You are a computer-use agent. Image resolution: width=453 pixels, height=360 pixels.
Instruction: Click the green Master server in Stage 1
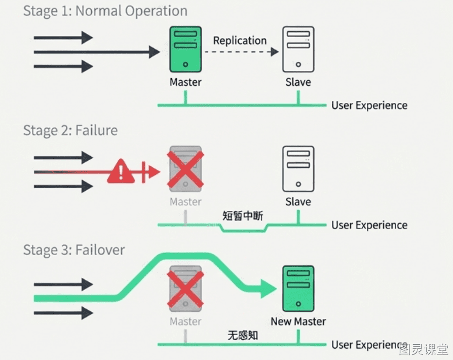pyautogui.click(x=185, y=49)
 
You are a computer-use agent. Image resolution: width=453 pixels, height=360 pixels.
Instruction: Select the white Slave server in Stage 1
pyautogui.click(x=298, y=49)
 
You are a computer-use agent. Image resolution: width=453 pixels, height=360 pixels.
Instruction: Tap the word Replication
pyautogui.click(x=240, y=41)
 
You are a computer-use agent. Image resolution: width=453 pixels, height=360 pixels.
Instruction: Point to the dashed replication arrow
pyautogui.click(x=242, y=52)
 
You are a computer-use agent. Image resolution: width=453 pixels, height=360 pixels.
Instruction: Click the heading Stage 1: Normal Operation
pyautogui.click(x=105, y=11)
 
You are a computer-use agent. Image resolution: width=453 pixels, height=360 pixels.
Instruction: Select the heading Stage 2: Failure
pyautogui.click(x=70, y=130)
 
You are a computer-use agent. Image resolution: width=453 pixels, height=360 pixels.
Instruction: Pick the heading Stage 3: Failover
pyautogui.click(x=74, y=250)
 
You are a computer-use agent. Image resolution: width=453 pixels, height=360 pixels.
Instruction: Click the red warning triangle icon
pyautogui.click(x=121, y=171)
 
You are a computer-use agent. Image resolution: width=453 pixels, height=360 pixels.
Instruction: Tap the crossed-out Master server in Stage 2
pyautogui.click(x=185, y=169)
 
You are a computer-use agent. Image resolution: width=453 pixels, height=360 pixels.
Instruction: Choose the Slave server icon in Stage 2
pyautogui.click(x=298, y=169)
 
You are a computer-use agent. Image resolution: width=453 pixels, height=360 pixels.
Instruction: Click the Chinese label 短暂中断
pyautogui.click(x=243, y=215)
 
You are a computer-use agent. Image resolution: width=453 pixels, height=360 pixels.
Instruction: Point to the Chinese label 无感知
pyautogui.click(x=243, y=336)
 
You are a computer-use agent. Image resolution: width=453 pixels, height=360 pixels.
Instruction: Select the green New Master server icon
pyautogui.click(x=298, y=289)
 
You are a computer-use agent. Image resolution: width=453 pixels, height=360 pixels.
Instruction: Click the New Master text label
pyautogui.click(x=298, y=321)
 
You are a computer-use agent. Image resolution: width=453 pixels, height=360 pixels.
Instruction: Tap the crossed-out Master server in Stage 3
pyautogui.click(x=185, y=289)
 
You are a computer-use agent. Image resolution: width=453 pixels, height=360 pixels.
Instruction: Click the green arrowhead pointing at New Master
pyautogui.click(x=269, y=289)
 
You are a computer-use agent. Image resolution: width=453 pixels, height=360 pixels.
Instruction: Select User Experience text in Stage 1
pyautogui.click(x=369, y=105)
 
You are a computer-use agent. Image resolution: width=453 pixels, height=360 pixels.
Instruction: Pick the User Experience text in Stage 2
pyautogui.click(x=369, y=225)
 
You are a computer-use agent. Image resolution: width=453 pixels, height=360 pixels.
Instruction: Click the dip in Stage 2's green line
pyautogui.click(x=243, y=231)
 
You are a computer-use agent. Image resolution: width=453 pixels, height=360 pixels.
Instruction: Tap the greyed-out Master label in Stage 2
pyautogui.click(x=185, y=201)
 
